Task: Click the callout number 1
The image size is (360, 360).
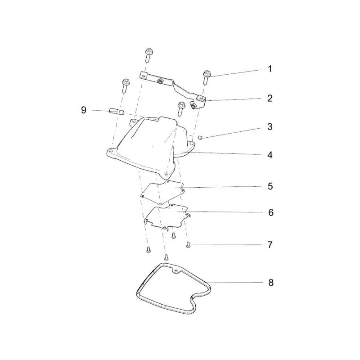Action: coord(270,69)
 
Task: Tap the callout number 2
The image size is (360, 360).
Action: coord(270,98)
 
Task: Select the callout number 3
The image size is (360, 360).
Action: coord(270,127)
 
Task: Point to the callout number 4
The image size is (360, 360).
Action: coord(270,155)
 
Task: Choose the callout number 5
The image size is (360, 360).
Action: coord(270,186)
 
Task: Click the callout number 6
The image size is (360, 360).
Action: coord(271,212)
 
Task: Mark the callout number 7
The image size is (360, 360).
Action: coord(270,245)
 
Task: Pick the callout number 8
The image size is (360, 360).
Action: coord(271,283)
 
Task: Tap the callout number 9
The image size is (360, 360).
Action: coord(84,110)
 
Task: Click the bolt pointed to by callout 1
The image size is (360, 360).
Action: coord(207,77)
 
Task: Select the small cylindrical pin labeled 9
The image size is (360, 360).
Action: coord(117,111)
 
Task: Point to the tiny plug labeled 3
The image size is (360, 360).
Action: coord(200,138)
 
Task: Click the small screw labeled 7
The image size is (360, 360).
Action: coord(189,245)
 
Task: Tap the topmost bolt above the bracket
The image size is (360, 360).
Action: coord(149,55)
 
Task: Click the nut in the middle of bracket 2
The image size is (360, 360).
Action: coord(160,81)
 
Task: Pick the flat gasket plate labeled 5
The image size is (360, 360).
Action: coord(162,192)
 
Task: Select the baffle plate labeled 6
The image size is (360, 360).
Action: coord(166,216)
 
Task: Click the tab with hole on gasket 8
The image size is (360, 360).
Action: coord(176,271)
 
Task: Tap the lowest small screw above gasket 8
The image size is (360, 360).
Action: coord(166,256)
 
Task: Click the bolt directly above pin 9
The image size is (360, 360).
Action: coord(126,85)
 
